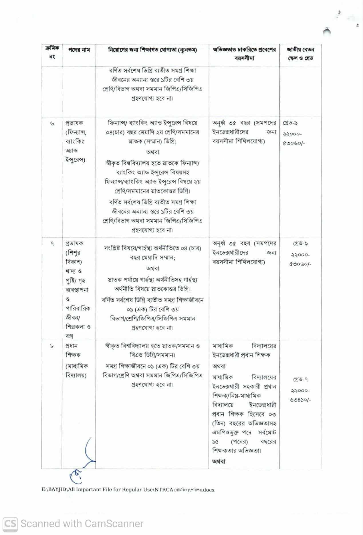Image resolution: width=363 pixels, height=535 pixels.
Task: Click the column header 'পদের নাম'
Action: coord(79,50)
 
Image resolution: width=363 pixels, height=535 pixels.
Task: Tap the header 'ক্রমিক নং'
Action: coord(52,53)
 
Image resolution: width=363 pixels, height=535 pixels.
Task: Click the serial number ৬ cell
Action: coord(52,123)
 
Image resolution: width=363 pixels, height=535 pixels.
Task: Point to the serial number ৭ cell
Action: coord(52,244)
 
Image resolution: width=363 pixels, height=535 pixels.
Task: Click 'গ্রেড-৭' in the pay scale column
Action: coord(300,380)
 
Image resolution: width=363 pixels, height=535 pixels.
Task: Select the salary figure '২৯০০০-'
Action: coord(300,390)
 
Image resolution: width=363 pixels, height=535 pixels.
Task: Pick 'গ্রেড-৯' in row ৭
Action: coord(300,244)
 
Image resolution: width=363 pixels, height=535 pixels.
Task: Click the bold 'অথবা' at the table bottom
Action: coord(219,461)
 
